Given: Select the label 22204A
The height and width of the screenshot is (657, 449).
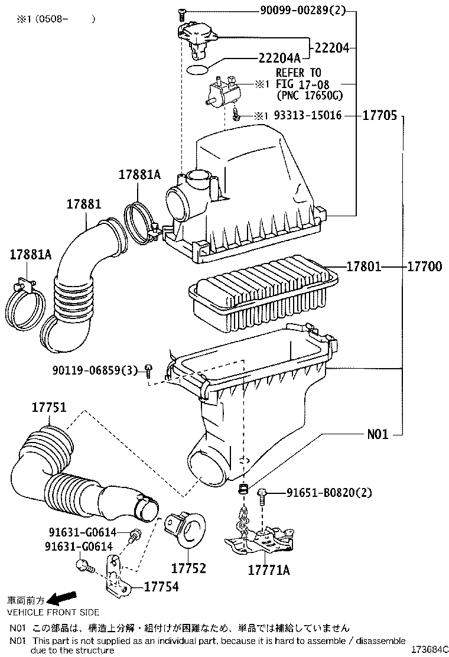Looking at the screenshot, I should [279, 57].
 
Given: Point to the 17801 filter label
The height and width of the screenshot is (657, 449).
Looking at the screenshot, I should [364, 267].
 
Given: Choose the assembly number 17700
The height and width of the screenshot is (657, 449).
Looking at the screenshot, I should [424, 267].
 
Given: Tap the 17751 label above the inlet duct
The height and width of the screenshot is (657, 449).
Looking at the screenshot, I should [48, 408].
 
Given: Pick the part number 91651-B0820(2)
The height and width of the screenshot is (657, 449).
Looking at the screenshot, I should [329, 492].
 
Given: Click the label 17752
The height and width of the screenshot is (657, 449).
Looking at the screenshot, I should [188, 568].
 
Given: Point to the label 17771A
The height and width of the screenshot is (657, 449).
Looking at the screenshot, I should [269, 570].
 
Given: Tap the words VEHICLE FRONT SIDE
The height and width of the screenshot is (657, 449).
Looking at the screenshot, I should [53, 612].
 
